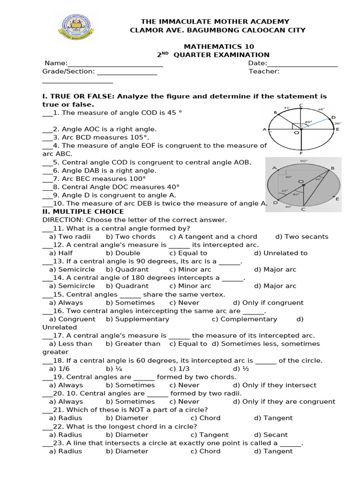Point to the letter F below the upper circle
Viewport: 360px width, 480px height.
tap(301, 152)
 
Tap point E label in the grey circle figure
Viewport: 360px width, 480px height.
tap(337, 199)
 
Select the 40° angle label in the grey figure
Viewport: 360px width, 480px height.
tap(318, 179)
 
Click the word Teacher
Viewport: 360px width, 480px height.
tap(264, 72)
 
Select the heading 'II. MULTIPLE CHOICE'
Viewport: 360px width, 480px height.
tap(83, 212)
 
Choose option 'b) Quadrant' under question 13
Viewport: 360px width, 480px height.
tap(127, 270)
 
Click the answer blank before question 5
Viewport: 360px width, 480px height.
tap(47, 162)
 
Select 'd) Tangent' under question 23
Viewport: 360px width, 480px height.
tap(273, 451)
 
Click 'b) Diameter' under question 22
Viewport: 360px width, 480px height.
tap(127, 435)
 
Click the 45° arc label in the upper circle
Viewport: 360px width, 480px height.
tap(287, 107)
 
